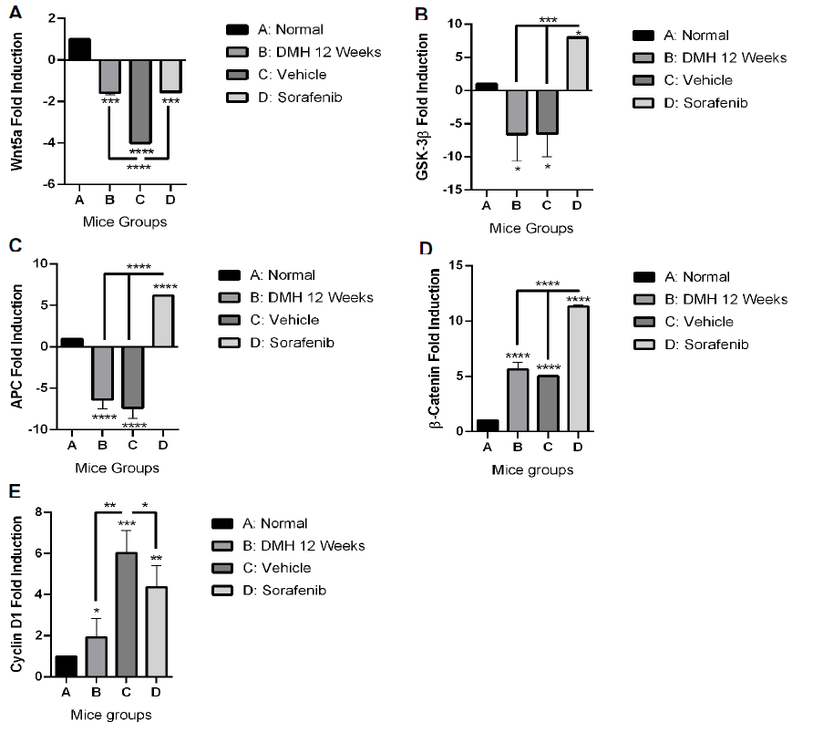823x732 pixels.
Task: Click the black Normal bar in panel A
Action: click(x=79, y=49)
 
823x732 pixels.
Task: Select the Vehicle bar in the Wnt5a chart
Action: click(x=139, y=100)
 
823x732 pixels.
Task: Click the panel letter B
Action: click(x=421, y=15)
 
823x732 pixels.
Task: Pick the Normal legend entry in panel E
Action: click(x=270, y=523)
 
